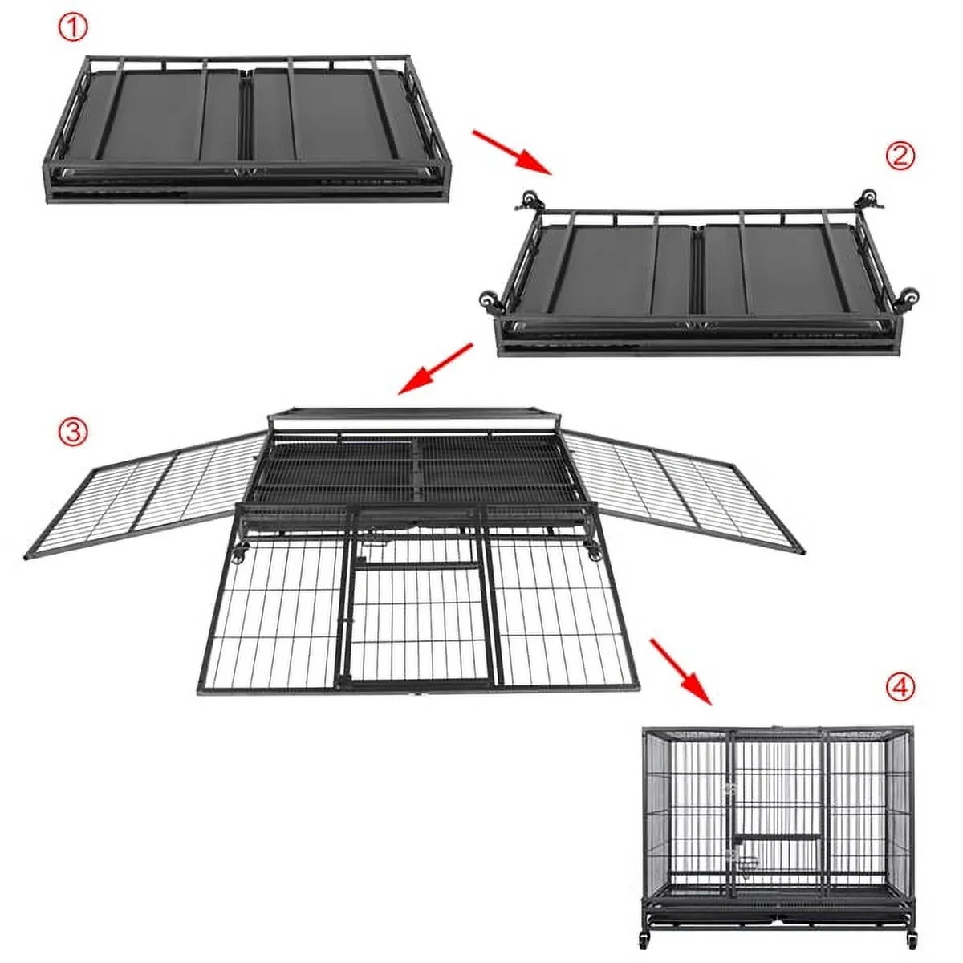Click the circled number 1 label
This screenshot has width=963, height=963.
(x=74, y=28)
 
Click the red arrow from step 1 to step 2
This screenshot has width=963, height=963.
(x=512, y=152)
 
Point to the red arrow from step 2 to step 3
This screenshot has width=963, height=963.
(x=435, y=369)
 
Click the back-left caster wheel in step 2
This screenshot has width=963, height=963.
(x=528, y=201)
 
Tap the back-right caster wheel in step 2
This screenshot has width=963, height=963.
(x=870, y=199)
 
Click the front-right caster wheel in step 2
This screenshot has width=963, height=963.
(x=908, y=298)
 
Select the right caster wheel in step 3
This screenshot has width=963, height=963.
(x=594, y=551)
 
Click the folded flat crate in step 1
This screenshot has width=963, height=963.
(x=248, y=130)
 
